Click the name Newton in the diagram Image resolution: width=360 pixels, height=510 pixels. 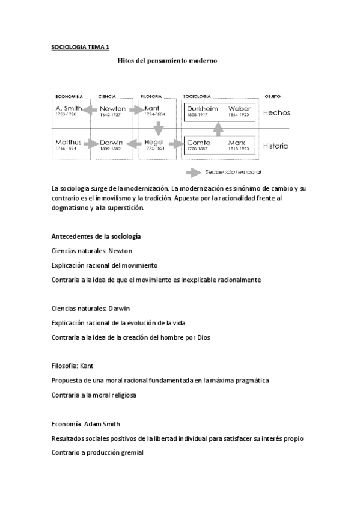point(112,109)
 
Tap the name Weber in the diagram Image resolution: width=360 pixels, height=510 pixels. point(239,109)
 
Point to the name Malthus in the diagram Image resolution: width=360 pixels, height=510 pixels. point(67,143)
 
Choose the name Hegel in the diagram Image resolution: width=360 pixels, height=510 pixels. point(154,143)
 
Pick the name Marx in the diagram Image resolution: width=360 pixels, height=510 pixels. point(237,143)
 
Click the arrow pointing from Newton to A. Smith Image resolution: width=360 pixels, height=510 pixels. point(91,110)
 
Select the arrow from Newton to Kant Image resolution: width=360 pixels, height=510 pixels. point(136,110)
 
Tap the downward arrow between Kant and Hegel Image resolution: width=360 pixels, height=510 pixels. point(158,128)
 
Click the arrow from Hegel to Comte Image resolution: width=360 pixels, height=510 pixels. point(176,144)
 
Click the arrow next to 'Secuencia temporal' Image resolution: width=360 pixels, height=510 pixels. point(194,173)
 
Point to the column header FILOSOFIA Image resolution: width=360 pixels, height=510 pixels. point(151,96)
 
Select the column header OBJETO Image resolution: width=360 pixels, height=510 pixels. point(272,96)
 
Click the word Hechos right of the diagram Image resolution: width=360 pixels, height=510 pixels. point(276,112)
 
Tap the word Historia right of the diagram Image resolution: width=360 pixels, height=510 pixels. point(276,146)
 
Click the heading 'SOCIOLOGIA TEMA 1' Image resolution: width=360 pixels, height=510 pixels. point(81,46)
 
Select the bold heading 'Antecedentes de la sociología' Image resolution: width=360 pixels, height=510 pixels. point(96,236)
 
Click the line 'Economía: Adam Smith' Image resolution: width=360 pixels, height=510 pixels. point(86,423)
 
